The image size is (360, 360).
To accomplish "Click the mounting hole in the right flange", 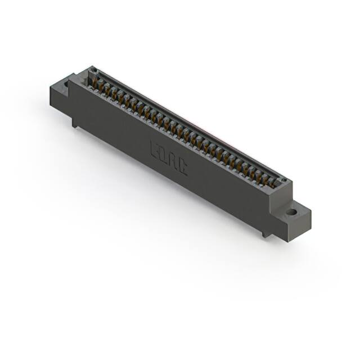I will [x=292, y=213].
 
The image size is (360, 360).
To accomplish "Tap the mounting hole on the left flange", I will [x=66, y=84].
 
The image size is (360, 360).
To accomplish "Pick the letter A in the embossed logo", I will [x=173, y=160].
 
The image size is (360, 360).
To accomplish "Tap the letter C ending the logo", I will [x=182, y=166].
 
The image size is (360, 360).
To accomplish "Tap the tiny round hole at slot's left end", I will [x=93, y=71].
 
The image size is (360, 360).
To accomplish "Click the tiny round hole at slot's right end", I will [x=284, y=181].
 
